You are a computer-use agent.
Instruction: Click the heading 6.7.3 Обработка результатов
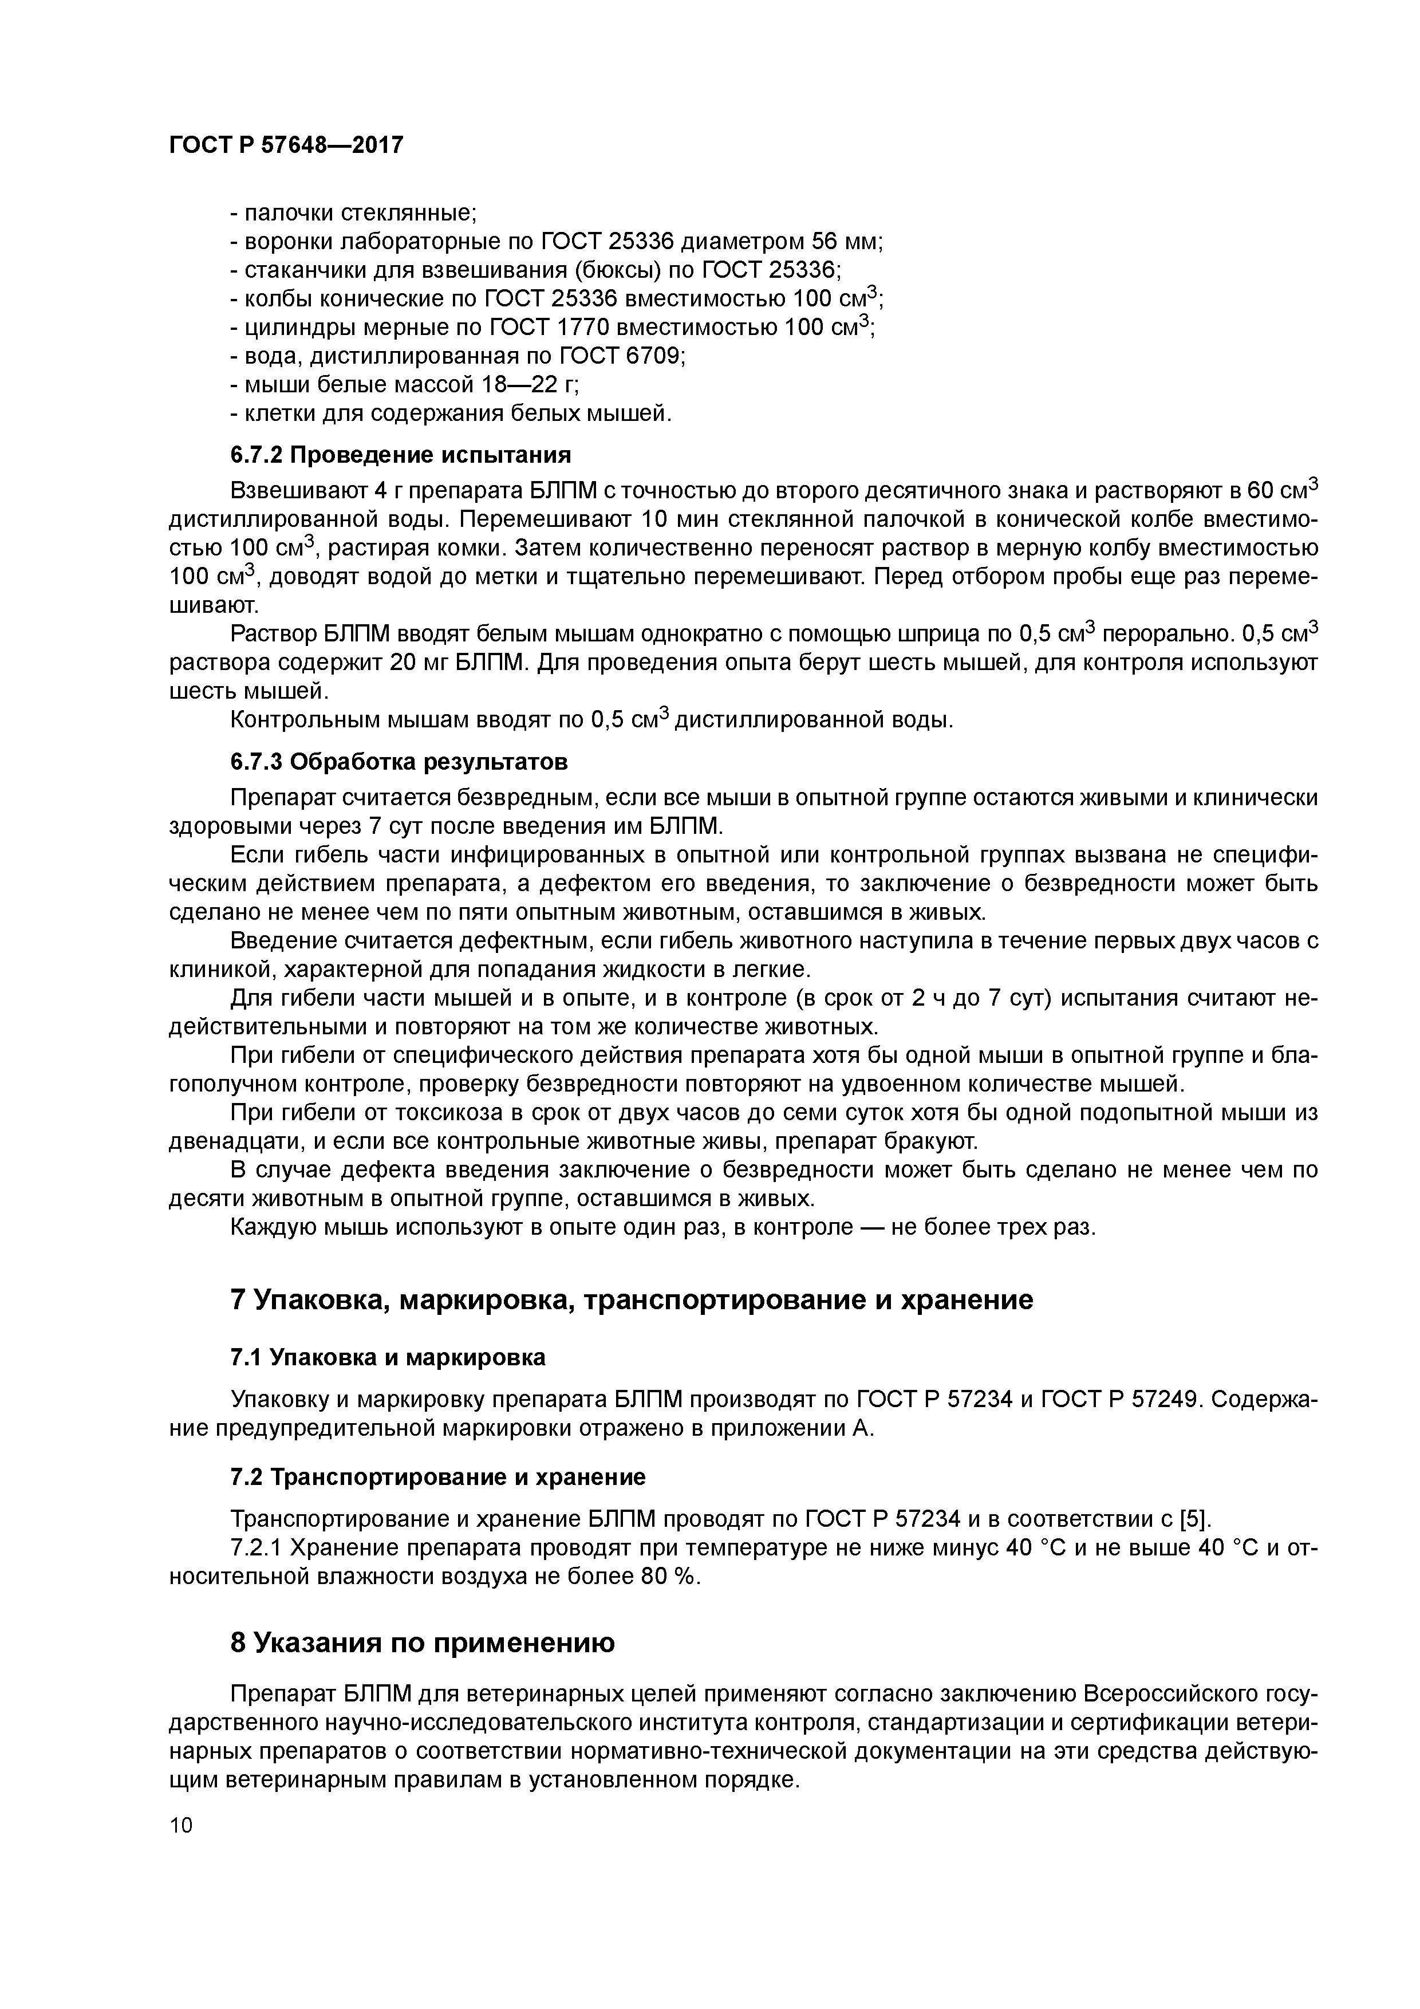click(399, 762)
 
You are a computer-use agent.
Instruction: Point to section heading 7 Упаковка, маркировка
click(631, 1299)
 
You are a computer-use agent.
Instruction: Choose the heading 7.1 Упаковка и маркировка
click(388, 1357)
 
